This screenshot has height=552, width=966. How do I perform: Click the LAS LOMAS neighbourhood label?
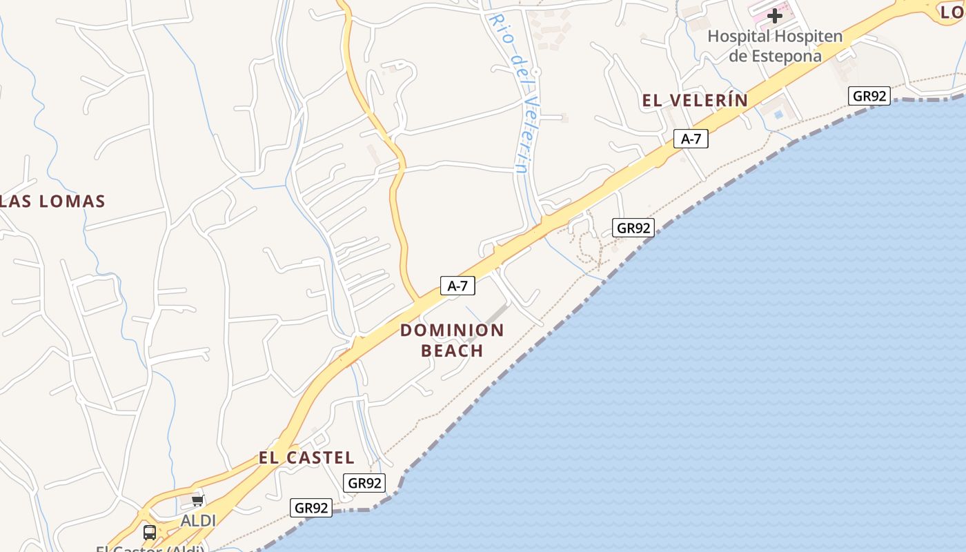click(52, 201)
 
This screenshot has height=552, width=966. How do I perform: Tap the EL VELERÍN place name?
click(695, 101)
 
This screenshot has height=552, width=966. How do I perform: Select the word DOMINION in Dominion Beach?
click(452, 330)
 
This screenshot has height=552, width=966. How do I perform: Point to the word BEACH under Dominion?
click(452, 351)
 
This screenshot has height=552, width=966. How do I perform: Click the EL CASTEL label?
click(306, 457)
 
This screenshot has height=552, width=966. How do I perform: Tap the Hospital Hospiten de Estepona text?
click(775, 46)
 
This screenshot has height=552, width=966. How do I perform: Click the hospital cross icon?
click(775, 15)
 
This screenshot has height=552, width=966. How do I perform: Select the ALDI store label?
click(198, 521)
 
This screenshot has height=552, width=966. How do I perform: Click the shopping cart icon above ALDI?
click(198, 500)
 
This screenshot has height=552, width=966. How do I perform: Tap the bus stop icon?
click(149, 532)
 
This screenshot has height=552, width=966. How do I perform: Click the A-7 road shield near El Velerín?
click(691, 139)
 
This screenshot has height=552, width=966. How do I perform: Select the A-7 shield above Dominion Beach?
click(457, 286)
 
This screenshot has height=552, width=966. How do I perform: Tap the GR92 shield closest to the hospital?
click(869, 96)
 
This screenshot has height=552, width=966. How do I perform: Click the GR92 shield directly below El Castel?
click(364, 483)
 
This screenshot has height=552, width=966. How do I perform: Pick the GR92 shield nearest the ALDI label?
click(311, 509)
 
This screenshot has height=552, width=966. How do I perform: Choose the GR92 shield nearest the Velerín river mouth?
click(633, 228)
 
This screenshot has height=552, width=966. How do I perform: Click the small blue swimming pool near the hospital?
click(779, 114)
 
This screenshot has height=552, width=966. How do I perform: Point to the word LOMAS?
click(72, 201)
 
